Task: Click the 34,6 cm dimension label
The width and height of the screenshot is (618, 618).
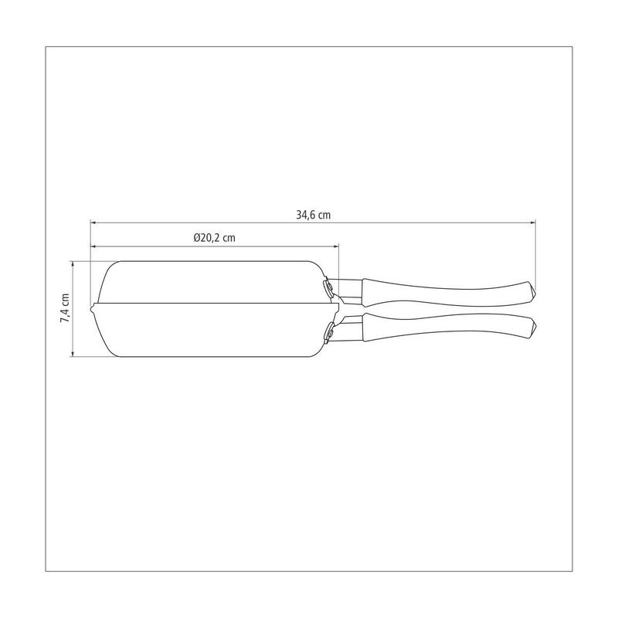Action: (x=314, y=215)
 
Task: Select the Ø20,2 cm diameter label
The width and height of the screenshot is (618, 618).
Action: (x=215, y=238)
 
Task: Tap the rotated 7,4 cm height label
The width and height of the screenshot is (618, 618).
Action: (x=65, y=308)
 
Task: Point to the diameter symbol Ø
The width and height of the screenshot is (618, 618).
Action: (x=196, y=238)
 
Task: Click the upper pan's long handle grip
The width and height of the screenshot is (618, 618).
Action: (x=446, y=292)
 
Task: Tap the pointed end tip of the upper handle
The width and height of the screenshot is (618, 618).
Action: (x=535, y=292)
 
